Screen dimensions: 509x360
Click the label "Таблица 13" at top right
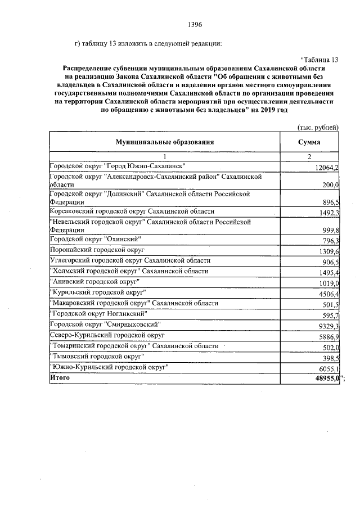pos(320,60)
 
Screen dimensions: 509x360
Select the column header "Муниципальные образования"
pos(165,143)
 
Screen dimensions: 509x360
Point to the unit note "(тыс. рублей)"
pos(318,128)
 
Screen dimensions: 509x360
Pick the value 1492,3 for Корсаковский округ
pos(328,213)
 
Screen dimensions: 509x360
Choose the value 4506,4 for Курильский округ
pos(328,293)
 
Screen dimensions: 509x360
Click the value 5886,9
pos(328,336)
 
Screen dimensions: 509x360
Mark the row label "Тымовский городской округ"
pos(97,356)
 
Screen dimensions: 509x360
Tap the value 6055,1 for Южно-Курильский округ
pos(328,369)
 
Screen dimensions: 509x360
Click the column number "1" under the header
pos(165,157)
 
